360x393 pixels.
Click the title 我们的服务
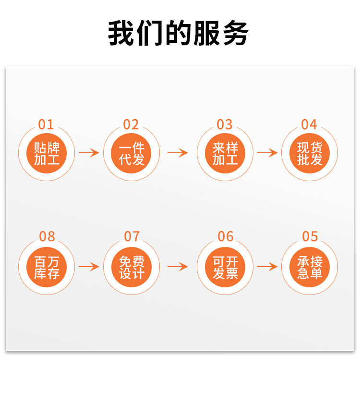[x=178, y=33]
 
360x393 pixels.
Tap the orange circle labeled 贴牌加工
[x=47, y=153]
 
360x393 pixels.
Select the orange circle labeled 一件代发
[x=132, y=153]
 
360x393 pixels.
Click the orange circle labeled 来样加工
[x=225, y=153]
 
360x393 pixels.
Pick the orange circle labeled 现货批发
[x=310, y=153]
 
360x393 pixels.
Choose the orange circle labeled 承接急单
[x=310, y=267]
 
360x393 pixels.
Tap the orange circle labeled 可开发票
[x=225, y=267]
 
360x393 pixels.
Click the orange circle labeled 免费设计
[x=132, y=267]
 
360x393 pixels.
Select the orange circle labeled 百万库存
[x=47, y=267]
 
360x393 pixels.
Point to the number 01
[x=46, y=124]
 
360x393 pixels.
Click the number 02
[x=131, y=124]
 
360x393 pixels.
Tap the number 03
[x=225, y=124]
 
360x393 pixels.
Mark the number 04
[x=309, y=124]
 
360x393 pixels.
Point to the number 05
[x=310, y=236]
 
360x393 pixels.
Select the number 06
[x=226, y=236]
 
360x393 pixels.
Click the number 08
[x=47, y=236]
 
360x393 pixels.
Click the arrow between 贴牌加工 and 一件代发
[x=89, y=153]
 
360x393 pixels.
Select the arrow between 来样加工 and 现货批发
[x=267, y=153]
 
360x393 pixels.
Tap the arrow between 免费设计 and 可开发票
[x=178, y=267]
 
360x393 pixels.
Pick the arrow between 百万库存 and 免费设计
[x=89, y=267]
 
